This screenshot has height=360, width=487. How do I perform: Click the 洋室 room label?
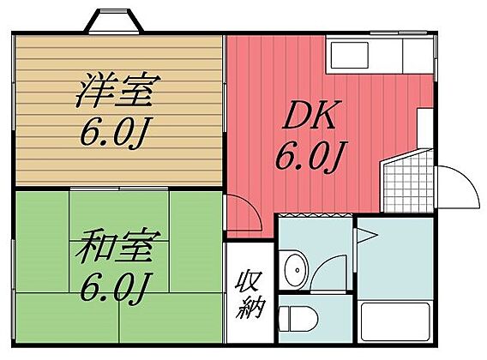pos(118,90)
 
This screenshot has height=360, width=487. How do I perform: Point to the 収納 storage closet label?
pos(250,295)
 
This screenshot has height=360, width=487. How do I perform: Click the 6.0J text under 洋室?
pos(113,132)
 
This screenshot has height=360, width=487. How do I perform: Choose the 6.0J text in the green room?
pos(113,288)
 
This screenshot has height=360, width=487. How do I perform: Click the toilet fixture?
pos(298,319)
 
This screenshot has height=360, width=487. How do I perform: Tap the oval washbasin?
pos(297,270)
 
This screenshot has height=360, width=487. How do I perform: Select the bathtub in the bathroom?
pos(395,321)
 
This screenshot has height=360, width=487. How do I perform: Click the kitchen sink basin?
pos(350,56)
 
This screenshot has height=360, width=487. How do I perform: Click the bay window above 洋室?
pos(114,21)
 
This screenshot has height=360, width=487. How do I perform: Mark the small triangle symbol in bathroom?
pos(367,236)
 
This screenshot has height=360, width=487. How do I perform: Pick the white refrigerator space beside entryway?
pos(425,129)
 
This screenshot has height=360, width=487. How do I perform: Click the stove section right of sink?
pos(418,56)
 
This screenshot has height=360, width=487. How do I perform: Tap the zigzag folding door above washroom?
pos(315,215)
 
